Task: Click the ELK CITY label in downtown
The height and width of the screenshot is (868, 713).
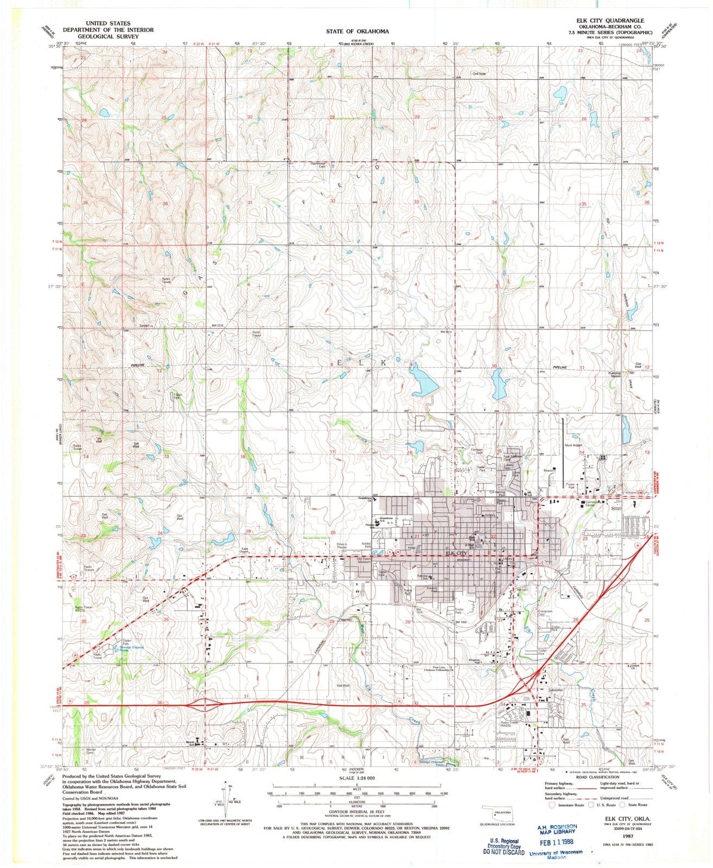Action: (x=456, y=554)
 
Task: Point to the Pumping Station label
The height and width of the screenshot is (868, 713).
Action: (x=614, y=374)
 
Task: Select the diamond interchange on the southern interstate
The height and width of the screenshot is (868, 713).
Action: (x=205, y=705)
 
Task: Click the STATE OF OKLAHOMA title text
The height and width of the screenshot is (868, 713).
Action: (x=357, y=31)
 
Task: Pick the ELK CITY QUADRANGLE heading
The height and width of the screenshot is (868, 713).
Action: (x=610, y=20)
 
